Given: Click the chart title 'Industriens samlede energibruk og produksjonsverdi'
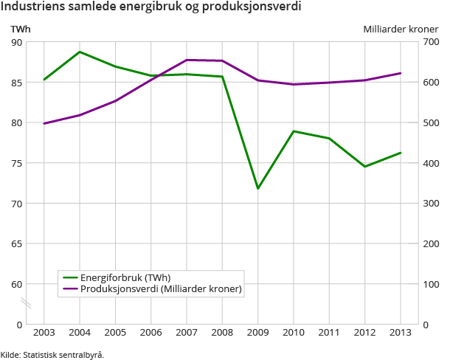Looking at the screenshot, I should [x=150, y=8].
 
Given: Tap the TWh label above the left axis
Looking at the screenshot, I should [x=19, y=29].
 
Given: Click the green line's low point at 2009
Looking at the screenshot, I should [x=257, y=188].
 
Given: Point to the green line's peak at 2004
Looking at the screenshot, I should [x=80, y=52].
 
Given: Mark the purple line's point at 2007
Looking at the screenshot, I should [x=187, y=60].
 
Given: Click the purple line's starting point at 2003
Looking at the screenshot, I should [x=44, y=123].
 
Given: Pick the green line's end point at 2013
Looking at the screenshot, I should [x=400, y=153].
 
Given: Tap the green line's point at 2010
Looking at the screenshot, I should [x=294, y=131].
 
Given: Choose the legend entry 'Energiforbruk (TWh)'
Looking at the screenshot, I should [x=122, y=278].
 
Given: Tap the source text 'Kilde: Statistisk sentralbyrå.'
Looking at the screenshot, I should [x=52, y=354].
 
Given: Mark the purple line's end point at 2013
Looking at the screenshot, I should [x=400, y=73].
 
